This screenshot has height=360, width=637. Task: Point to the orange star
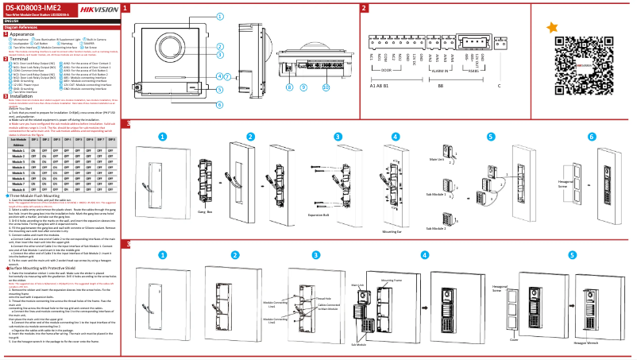tap(552, 28)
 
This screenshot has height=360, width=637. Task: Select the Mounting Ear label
tap(392, 231)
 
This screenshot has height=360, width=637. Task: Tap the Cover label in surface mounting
tap(514, 339)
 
